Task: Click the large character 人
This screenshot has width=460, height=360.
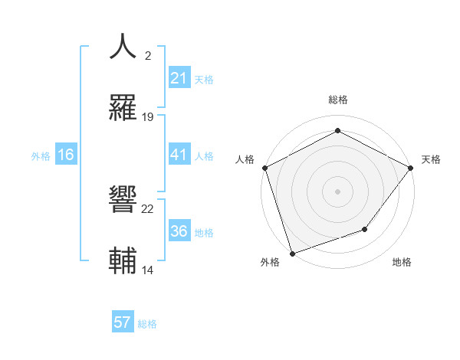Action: coord(123,46)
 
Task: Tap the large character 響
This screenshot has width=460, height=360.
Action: coord(123,200)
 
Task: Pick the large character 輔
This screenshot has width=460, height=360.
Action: coord(123,260)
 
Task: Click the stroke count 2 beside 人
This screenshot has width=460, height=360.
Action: coord(148,56)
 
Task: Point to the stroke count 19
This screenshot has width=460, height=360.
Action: coord(148,117)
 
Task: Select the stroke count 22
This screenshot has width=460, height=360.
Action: coord(148,209)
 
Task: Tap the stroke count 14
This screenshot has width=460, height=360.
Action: coord(148,270)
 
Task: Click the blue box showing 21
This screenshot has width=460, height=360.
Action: coord(179,78)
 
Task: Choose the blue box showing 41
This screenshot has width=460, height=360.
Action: coord(179,155)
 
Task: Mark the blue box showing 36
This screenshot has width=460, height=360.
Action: coord(179,231)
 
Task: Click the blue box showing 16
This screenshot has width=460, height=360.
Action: coord(66,155)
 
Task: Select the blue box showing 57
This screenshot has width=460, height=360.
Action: coord(123,322)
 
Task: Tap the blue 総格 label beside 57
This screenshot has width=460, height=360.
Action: coord(147,324)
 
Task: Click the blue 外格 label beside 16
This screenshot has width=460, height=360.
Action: coord(41,156)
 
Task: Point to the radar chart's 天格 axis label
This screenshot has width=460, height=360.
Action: coord(432,159)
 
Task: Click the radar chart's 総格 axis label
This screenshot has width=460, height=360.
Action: coord(337,100)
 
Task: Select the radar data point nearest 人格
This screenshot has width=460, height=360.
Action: coord(265,168)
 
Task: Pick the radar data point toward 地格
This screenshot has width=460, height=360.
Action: coord(365,229)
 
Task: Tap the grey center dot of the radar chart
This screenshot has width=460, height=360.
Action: coord(337,191)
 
